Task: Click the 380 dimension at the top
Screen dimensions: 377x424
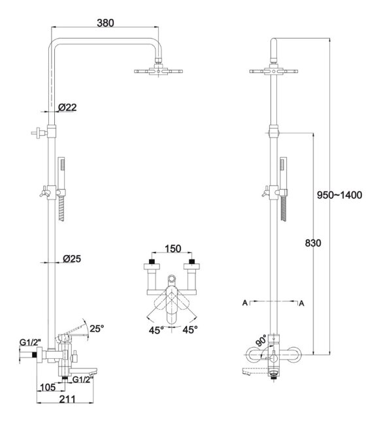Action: coord(105,23)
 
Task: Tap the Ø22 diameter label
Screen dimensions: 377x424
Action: coord(67,108)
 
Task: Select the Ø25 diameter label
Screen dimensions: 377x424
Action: coord(72,259)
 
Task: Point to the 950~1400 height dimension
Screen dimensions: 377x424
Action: coord(339,195)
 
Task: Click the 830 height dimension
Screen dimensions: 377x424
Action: coord(313,243)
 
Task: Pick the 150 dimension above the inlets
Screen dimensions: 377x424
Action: coord(173,249)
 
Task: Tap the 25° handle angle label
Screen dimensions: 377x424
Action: coord(97,329)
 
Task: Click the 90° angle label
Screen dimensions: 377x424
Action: coord(261,341)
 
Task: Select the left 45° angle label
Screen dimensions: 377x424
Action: coord(156,330)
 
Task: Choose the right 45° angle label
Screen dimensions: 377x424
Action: coord(190,329)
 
